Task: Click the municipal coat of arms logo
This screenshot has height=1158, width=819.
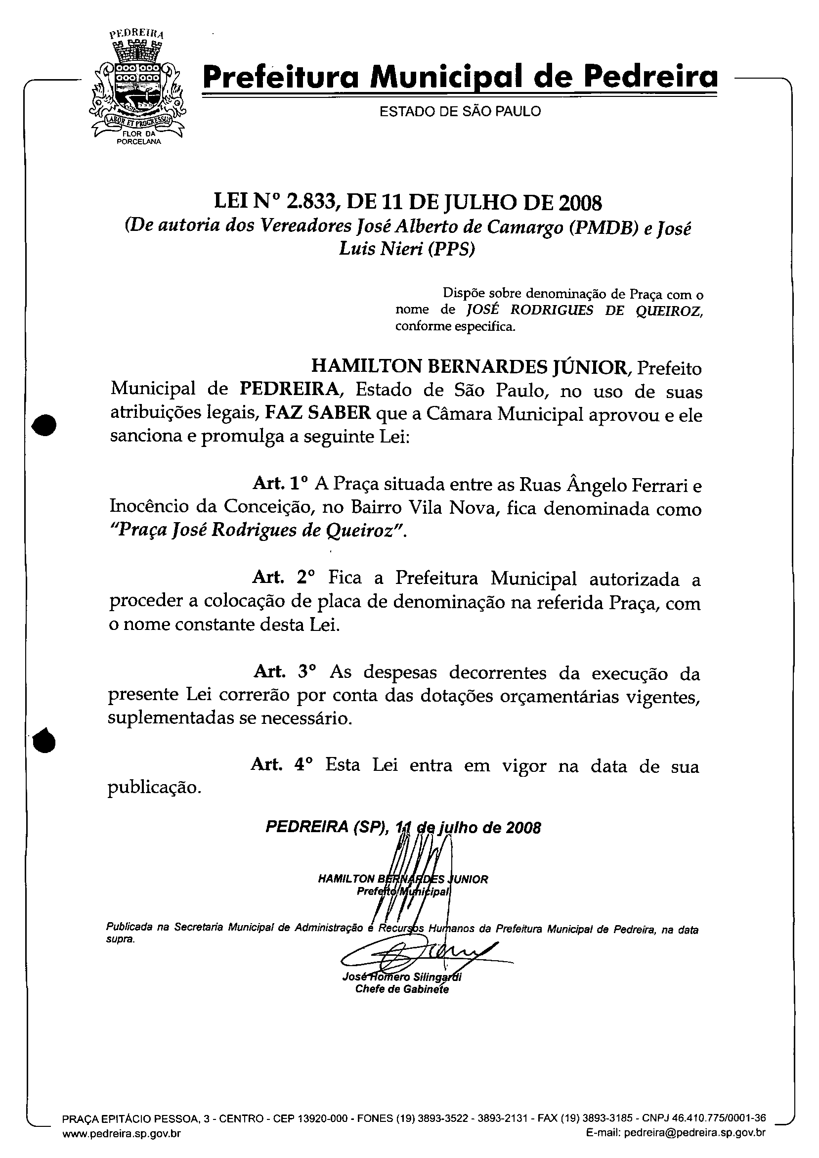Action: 137,89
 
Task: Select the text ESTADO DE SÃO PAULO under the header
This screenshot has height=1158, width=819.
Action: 460,111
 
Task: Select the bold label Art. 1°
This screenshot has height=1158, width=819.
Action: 280,484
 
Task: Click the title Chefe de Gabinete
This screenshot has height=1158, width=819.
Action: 402,989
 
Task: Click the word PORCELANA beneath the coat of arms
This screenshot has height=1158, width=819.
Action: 139,142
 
